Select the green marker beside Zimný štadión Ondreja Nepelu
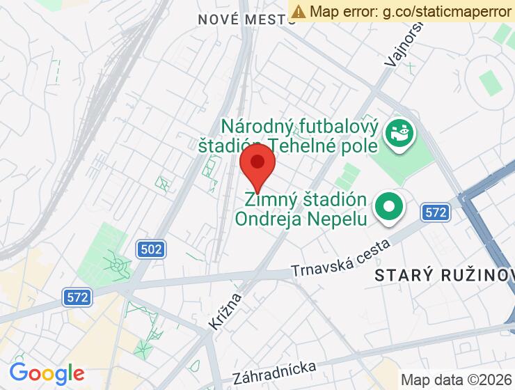390,207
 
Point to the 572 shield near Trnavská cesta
436,212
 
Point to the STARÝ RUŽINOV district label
444,275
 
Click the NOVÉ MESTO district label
247,19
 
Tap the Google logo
47,374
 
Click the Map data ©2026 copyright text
456,380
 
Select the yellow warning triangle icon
299,11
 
